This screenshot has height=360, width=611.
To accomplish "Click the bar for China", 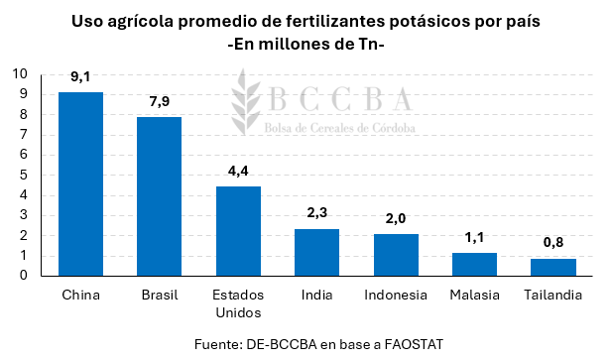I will (x=80, y=183).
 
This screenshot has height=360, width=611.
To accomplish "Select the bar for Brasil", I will (x=159, y=195).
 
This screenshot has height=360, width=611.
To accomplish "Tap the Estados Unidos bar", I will (x=238, y=231).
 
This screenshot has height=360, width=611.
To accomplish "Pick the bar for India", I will (x=316, y=252).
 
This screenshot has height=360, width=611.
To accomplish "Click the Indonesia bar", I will (x=396, y=255).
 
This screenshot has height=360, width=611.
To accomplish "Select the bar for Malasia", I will (x=474, y=264).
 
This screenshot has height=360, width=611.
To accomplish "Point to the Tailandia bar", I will (x=552, y=267).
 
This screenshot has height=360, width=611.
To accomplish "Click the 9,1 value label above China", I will (x=80, y=76).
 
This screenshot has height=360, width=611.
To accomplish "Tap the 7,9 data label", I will (x=159, y=101).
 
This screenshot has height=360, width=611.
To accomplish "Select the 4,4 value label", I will (x=238, y=171).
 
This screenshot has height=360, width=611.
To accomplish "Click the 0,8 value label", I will (x=552, y=243).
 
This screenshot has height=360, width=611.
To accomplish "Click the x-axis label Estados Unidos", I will (x=238, y=304).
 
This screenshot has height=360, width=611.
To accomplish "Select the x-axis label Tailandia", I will (x=552, y=296).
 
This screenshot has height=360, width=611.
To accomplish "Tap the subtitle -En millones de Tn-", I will (x=305, y=45).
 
